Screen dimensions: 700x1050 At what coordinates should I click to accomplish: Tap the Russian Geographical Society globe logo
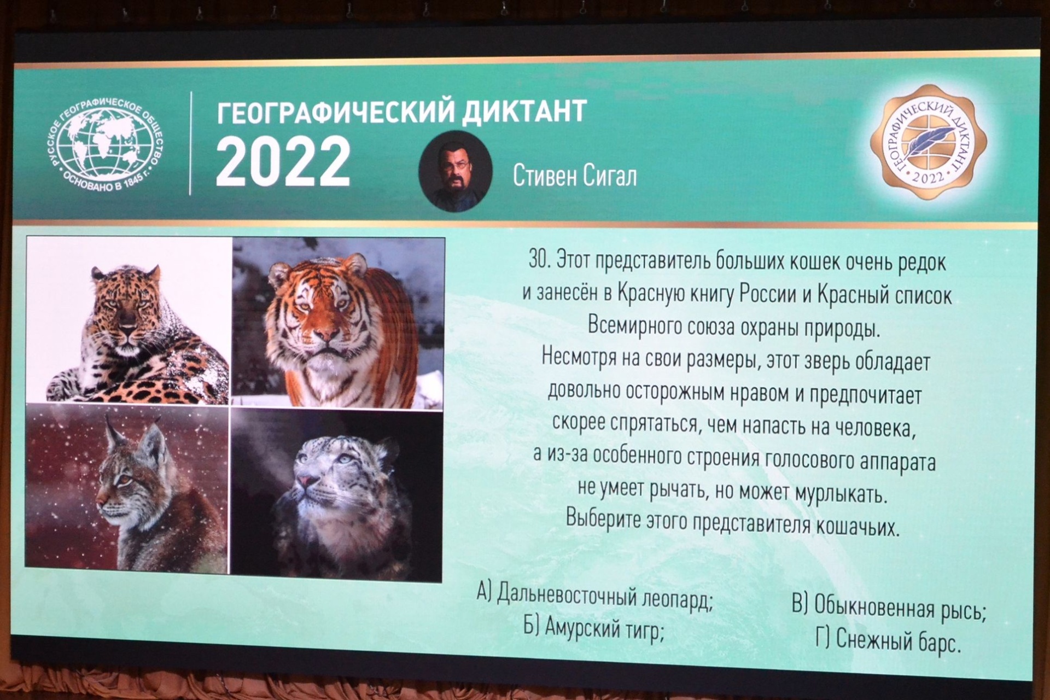104,145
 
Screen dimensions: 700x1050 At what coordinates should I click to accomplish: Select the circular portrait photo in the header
455,171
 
